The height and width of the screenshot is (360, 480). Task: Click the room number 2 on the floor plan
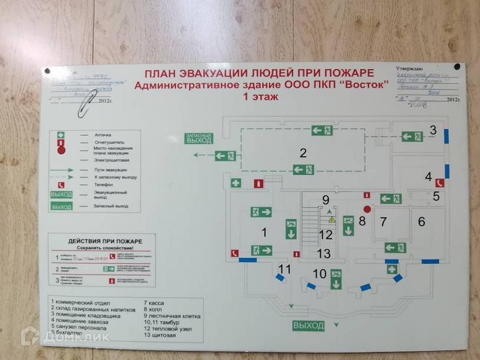click(303, 153)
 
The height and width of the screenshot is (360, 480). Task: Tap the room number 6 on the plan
click(422, 221)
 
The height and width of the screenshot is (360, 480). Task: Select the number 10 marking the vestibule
click(319, 274)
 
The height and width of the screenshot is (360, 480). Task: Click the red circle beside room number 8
click(366, 209)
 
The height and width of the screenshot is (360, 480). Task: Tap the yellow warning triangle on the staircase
click(332, 220)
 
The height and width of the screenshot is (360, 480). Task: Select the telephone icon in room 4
click(439, 182)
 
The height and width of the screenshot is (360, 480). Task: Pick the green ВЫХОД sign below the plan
click(309, 325)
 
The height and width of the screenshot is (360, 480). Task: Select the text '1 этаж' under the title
click(261, 97)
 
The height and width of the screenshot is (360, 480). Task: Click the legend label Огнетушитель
click(106, 142)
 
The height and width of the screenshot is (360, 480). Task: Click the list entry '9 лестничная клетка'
click(172, 315)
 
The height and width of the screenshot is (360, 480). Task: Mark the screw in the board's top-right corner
click(457, 66)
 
